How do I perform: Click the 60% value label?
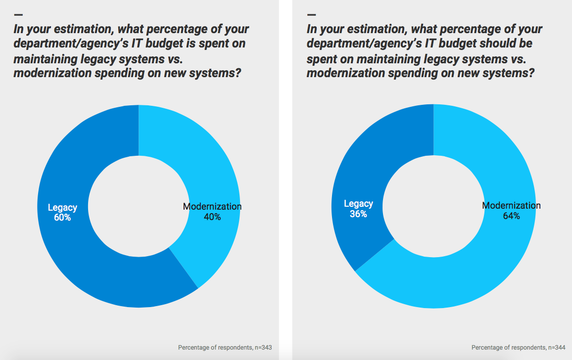click(62, 217)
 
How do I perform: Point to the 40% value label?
click(212, 217)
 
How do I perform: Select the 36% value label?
click(358, 214)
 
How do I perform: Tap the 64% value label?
click(511, 216)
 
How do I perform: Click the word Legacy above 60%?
click(62, 208)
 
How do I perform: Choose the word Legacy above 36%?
click(358, 204)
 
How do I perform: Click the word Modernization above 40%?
click(212, 206)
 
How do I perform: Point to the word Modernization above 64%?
click(511, 205)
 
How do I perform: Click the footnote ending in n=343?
click(225, 348)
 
